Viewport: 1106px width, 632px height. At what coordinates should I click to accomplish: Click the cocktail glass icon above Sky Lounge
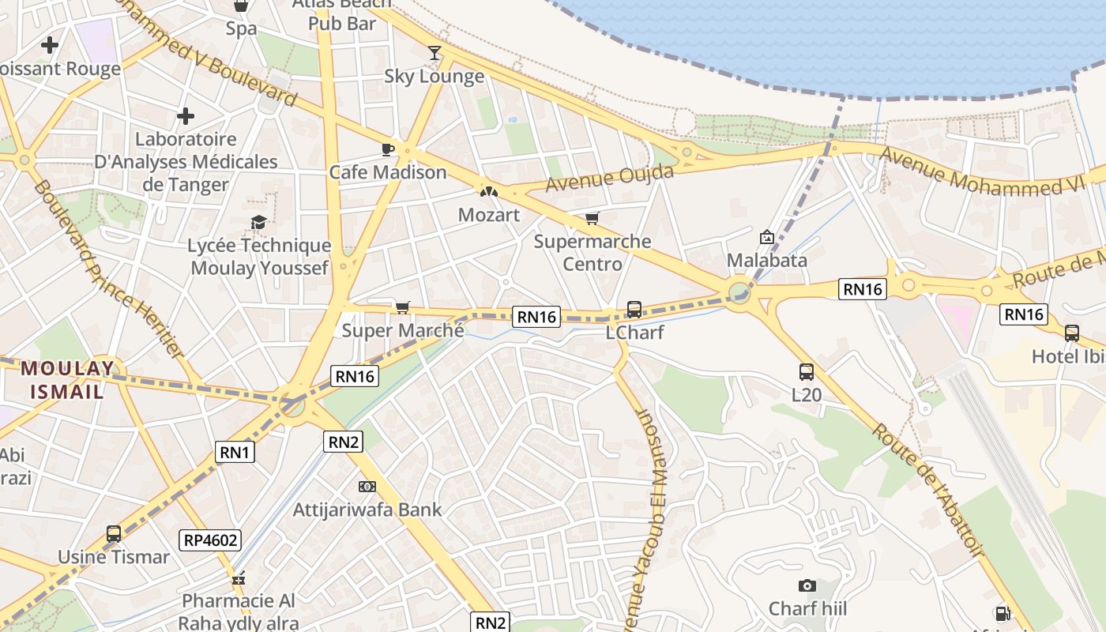[x=434, y=53]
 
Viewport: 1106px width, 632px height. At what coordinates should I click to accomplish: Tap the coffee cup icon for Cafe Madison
[x=387, y=149]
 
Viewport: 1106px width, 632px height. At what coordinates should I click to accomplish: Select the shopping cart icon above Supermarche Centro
[x=592, y=218]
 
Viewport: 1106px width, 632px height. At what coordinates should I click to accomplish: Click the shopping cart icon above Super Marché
[x=403, y=307]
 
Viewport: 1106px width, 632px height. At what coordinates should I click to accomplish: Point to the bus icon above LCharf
[x=634, y=309]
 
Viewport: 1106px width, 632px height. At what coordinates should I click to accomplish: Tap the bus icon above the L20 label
[x=807, y=371]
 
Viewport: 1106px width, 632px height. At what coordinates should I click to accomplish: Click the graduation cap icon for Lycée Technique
[x=258, y=222]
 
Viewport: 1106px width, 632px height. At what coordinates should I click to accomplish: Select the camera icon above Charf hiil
[x=807, y=585]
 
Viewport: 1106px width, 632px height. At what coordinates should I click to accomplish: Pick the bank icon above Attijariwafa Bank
[x=367, y=487]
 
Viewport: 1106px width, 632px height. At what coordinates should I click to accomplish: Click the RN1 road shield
[x=235, y=452]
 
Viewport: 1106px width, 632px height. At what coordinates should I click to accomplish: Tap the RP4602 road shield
[x=210, y=540]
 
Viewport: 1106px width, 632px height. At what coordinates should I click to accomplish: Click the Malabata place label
[x=766, y=260]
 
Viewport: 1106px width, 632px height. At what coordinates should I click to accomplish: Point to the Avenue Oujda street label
[x=609, y=178]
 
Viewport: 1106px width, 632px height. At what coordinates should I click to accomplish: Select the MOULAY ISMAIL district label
[x=62, y=379]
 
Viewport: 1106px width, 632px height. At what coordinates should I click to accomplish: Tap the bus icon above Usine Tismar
[x=114, y=534]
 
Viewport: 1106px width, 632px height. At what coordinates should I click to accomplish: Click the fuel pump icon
[x=1003, y=613]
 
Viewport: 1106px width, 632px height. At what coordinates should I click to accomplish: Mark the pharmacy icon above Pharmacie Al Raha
[x=239, y=579]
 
